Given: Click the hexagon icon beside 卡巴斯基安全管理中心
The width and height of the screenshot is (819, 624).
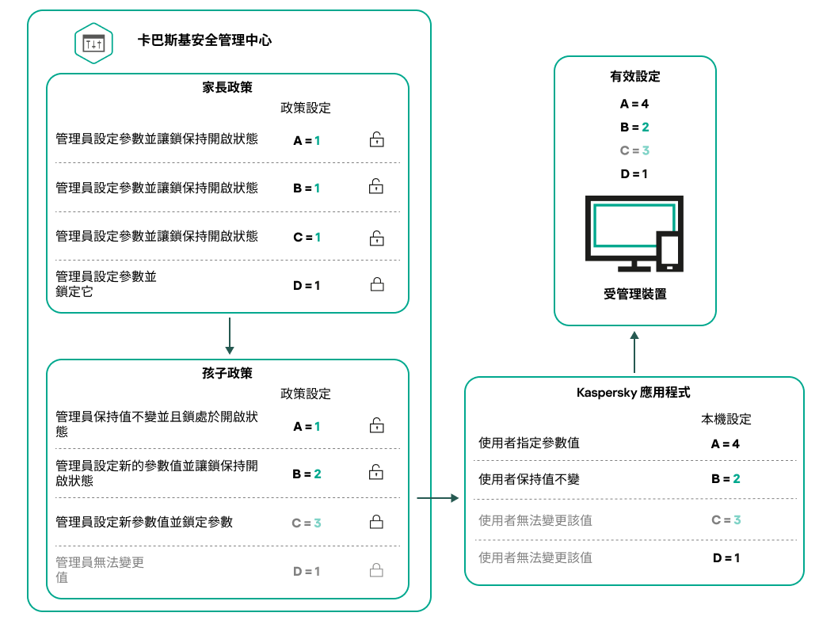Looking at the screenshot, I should tap(93, 43).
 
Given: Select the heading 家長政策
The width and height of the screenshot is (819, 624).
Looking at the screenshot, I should tap(228, 87).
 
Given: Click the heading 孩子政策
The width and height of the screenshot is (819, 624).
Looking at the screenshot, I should tap(228, 372).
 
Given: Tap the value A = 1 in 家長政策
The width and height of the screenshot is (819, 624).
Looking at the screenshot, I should tap(307, 141).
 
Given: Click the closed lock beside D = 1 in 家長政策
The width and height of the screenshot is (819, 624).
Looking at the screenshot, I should tap(377, 284).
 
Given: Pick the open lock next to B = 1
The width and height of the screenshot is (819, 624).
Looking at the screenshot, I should tap(377, 188).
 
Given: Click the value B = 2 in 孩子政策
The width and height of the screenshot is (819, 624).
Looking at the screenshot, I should tap(307, 474).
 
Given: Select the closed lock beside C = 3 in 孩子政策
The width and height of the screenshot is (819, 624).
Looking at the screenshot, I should tap(377, 522).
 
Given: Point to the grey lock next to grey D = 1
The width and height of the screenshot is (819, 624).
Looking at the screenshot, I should tap(377, 570).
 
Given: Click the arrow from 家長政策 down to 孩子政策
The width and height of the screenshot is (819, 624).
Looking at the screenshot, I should tap(229, 337).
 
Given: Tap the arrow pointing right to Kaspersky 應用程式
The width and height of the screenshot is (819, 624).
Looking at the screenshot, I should tap(438, 498).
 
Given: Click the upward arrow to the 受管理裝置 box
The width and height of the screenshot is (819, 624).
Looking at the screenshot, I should tap(634, 352).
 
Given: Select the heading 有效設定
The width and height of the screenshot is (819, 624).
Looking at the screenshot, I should tap(634, 77).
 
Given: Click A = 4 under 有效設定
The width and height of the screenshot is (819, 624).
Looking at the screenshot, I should tap(634, 104).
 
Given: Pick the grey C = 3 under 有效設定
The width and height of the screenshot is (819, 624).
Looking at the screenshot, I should tap(634, 150).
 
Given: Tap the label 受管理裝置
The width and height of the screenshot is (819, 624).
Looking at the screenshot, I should tap(634, 295).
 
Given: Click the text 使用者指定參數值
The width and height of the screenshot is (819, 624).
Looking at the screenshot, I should tap(529, 443).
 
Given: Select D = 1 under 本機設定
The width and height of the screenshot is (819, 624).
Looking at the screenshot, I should tap(726, 557).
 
